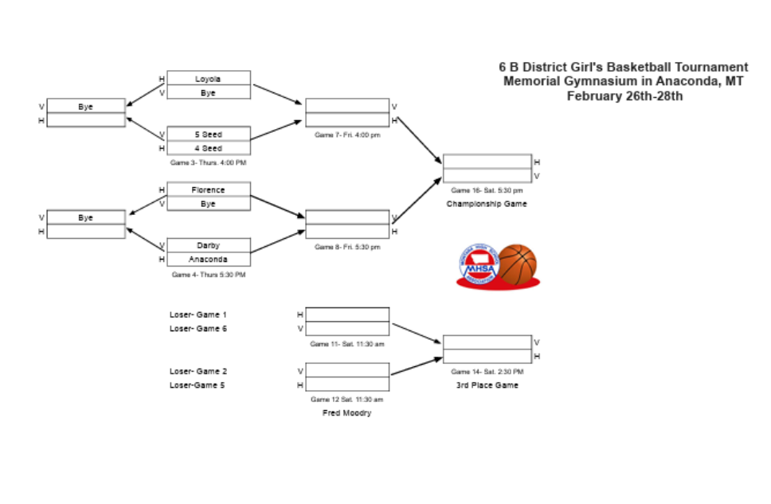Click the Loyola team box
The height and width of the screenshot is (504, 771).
tap(208, 79)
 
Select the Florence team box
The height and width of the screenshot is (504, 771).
tap(208, 190)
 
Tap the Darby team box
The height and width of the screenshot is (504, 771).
tap(208, 245)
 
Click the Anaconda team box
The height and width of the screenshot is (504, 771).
tap(208, 260)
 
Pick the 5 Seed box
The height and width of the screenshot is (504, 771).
tap(208, 135)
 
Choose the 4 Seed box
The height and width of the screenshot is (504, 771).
tap(208, 148)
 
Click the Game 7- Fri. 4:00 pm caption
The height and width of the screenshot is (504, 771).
tap(347, 135)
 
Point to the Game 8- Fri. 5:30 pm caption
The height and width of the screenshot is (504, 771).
tap(347, 247)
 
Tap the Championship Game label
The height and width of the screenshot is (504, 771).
tap(487, 204)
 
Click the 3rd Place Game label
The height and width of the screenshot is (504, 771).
tap(487, 385)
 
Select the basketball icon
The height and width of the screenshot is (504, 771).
tap(517, 264)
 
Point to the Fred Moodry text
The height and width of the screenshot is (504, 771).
tap(347, 413)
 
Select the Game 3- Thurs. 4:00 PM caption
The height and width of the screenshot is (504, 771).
tap(208, 162)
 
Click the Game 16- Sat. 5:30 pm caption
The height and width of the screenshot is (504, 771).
tap(487, 190)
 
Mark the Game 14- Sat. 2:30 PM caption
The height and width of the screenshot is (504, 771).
tap(487, 372)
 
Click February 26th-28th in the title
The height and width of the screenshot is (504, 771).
tap(624, 96)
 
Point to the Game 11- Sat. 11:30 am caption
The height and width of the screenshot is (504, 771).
tap(347, 344)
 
